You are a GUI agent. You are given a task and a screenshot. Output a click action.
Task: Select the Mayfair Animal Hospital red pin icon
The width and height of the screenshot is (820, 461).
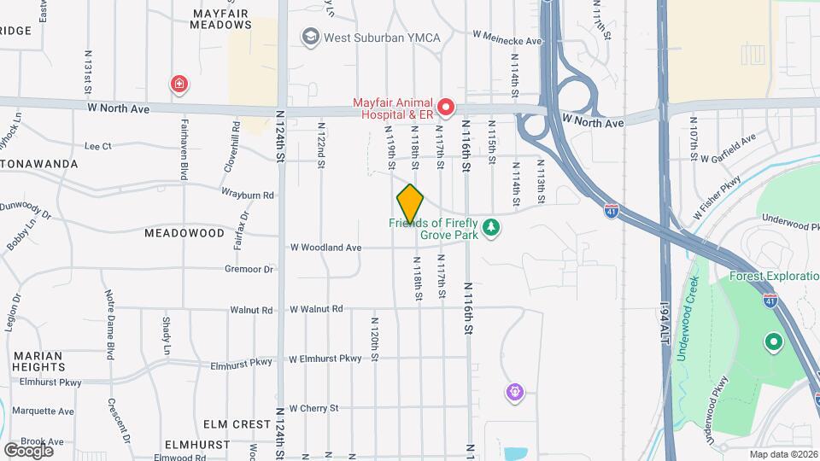click(445, 108)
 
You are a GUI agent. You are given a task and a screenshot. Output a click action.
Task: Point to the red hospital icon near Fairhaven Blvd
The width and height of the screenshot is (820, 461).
click(179, 84)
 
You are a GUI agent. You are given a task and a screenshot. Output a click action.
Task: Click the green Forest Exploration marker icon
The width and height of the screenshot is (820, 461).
click(774, 342)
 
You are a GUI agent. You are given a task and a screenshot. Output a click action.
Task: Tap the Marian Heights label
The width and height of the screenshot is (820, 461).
click(38, 361)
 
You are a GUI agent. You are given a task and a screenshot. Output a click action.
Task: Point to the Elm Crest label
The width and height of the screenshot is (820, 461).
click(225, 423)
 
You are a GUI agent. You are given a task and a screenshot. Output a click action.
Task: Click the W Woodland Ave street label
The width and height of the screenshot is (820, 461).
click(325, 248)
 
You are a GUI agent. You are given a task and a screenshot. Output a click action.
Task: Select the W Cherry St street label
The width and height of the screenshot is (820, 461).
click(314, 408)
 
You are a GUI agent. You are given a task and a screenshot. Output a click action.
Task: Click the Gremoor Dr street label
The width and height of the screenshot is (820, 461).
click(249, 269)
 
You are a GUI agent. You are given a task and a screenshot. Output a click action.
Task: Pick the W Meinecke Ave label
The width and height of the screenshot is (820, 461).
click(507, 40)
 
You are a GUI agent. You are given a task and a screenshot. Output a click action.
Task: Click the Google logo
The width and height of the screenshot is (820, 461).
click(28, 450)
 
